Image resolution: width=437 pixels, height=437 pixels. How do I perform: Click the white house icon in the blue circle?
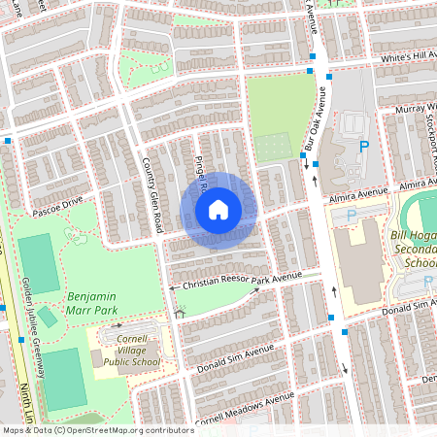pyautogui.click(x=218, y=208)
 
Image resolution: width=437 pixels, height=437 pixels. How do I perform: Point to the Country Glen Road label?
pyautogui.click(x=151, y=195)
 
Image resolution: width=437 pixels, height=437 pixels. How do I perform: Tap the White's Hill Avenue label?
pyautogui.click(x=408, y=56)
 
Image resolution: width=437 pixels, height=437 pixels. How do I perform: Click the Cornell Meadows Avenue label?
pyautogui.click(x=244, y=410)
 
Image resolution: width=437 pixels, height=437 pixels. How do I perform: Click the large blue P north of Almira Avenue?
pyautogui.click(x=365, y=147)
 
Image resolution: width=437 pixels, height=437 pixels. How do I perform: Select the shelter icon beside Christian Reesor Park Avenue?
pyautogui.click(x=179, y=313)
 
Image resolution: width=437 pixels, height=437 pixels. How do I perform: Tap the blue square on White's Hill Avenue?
pyautogui.click(x=311, y=71)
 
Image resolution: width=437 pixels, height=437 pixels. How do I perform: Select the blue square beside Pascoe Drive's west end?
pyautogui.click(x=8, y=141)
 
